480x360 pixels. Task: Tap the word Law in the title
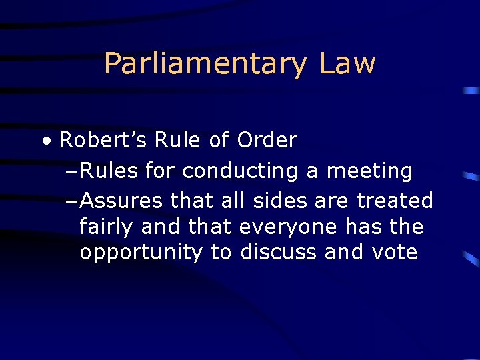tap(347, 64)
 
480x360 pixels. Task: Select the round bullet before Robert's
tap(45, 141)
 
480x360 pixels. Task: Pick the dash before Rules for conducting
tap(74, 171)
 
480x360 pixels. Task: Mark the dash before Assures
tap(74, 200)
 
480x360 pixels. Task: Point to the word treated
tap(395, 200)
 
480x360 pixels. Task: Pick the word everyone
tap(289, 227)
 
